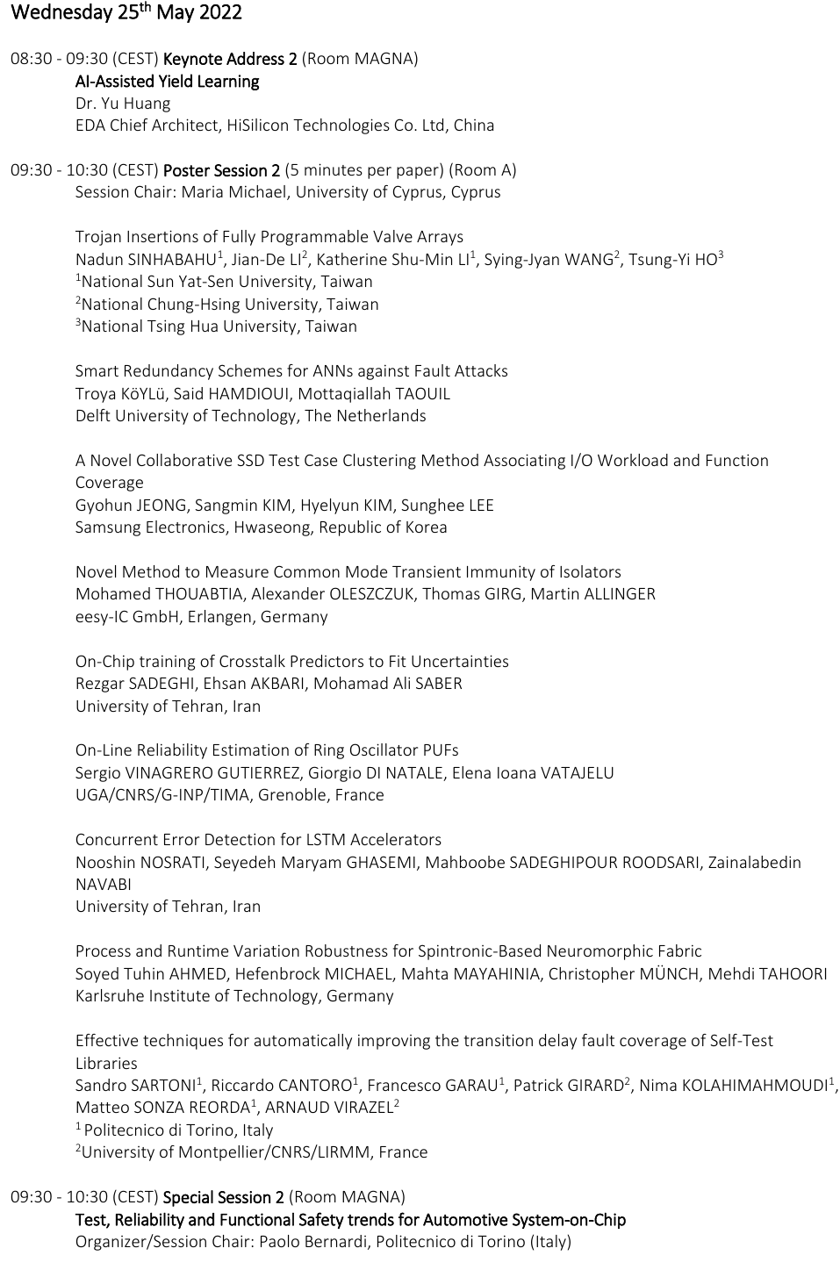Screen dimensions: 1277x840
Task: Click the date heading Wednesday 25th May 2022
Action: point(126,13)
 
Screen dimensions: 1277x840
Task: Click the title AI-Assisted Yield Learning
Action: point(167,82)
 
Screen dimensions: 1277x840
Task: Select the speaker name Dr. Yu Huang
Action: point(123,104)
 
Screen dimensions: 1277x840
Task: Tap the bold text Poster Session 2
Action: point(221,170)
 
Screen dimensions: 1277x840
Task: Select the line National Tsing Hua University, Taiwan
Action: point(216,326)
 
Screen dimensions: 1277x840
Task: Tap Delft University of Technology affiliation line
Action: point(250,416)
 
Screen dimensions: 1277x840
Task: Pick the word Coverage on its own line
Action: point(110,483)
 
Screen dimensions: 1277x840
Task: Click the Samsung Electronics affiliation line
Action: point(261,527)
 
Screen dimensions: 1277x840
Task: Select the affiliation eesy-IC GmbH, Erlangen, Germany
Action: point(201,617)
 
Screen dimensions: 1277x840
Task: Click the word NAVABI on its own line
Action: point(104,885)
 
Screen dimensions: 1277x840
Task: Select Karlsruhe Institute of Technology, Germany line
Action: point(234,996)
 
